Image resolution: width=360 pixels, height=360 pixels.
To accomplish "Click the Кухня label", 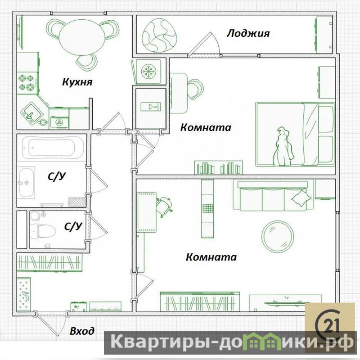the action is click(77, 82).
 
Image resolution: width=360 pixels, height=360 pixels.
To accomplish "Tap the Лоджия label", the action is click(248, 33).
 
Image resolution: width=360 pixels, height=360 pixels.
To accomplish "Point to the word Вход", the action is click(82, 331).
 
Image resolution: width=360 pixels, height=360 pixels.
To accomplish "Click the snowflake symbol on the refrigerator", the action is click(148, 71).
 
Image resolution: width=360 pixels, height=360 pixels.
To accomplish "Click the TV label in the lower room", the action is click(286, 298).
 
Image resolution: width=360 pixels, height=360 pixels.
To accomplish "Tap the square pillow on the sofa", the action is click(301, 198).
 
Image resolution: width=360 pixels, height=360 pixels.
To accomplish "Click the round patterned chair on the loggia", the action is click(160, 36).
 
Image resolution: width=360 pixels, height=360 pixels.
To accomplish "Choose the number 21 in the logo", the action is click(330, 326).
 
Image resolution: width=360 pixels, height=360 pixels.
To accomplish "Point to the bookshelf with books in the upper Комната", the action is click(219, 167).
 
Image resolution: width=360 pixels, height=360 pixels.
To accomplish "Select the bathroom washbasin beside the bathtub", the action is click(26, 183).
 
